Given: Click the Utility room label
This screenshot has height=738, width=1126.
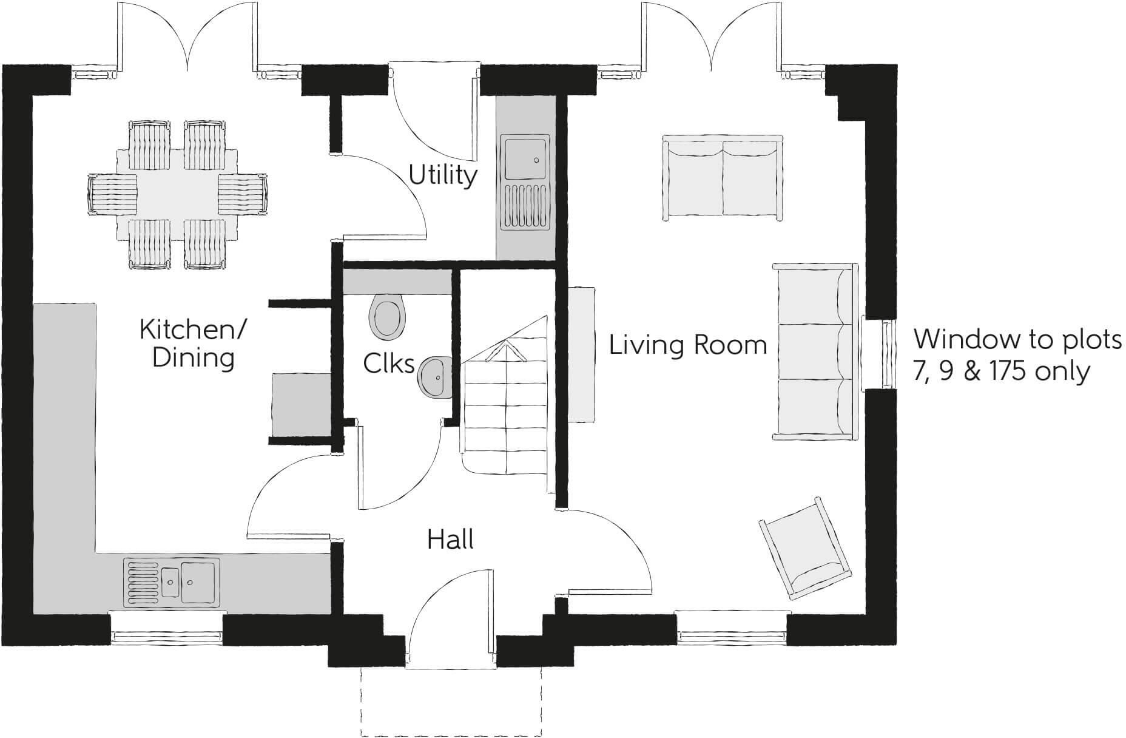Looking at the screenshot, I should pos(443,175).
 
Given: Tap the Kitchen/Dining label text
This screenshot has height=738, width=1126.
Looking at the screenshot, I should pos(193,344).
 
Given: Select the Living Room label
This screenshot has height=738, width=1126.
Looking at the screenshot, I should pos(688,345).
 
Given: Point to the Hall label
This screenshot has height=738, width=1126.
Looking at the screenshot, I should pos(450,539).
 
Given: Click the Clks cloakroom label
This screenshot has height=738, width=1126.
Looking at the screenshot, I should pos(389,364).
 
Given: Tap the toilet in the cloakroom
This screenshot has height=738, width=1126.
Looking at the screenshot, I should pos(386,317).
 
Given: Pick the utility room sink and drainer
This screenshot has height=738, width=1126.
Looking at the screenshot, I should pos(525,182).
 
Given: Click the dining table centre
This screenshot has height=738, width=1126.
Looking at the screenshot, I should pos(177,194).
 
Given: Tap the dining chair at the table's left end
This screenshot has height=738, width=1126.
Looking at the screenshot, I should pos(113,194).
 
